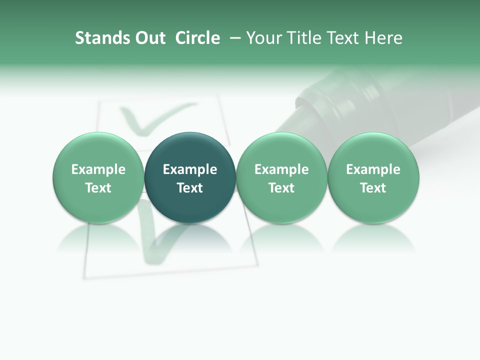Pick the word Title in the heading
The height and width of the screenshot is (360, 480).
point(302,38)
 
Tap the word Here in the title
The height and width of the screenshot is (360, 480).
point(383,38)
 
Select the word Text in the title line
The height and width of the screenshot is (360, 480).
point(342,38)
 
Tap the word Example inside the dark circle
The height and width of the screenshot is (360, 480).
point(190,169)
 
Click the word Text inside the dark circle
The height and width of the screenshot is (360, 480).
point(190,188)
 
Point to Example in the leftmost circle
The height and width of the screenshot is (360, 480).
point(98,169)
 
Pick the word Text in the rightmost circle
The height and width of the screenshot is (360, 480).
point(373,188)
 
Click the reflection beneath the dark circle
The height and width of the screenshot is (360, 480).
point(190,237)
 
